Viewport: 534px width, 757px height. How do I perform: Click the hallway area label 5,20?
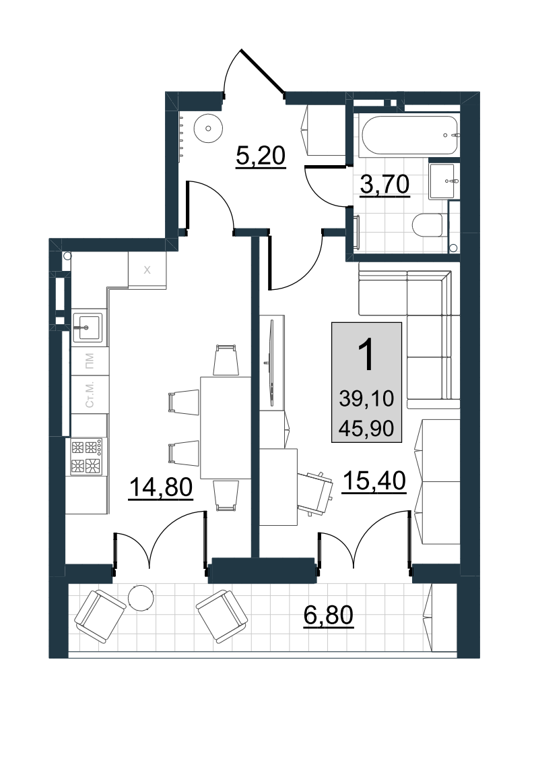(x=261, y=156)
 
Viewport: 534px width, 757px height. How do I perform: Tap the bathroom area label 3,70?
(x=385, y=185)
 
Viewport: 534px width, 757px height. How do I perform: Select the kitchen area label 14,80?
(x=161, y=487)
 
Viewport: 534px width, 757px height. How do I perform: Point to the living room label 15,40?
(x=374, y=481)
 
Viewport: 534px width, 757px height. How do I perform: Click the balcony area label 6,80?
(x=329, y=615)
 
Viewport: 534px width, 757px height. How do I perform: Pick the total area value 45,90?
(x=366, y=428)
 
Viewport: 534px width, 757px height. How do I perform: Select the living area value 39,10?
(x=366, y=398)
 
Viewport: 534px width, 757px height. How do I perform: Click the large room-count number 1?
(x=367, y=355)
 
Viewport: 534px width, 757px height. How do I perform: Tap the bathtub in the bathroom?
(x=409, y=135)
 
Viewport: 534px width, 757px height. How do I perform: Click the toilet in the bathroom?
(x=428, y=225)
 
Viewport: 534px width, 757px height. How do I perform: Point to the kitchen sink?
(x=88, y=327)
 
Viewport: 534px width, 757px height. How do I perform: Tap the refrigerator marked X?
(x=147, y=270)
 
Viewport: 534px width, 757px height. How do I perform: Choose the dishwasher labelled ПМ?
(x=90, y=360)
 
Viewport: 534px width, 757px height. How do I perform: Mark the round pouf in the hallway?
(x=208, y=128)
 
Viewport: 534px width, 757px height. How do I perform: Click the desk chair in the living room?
(x=314, y=494)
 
